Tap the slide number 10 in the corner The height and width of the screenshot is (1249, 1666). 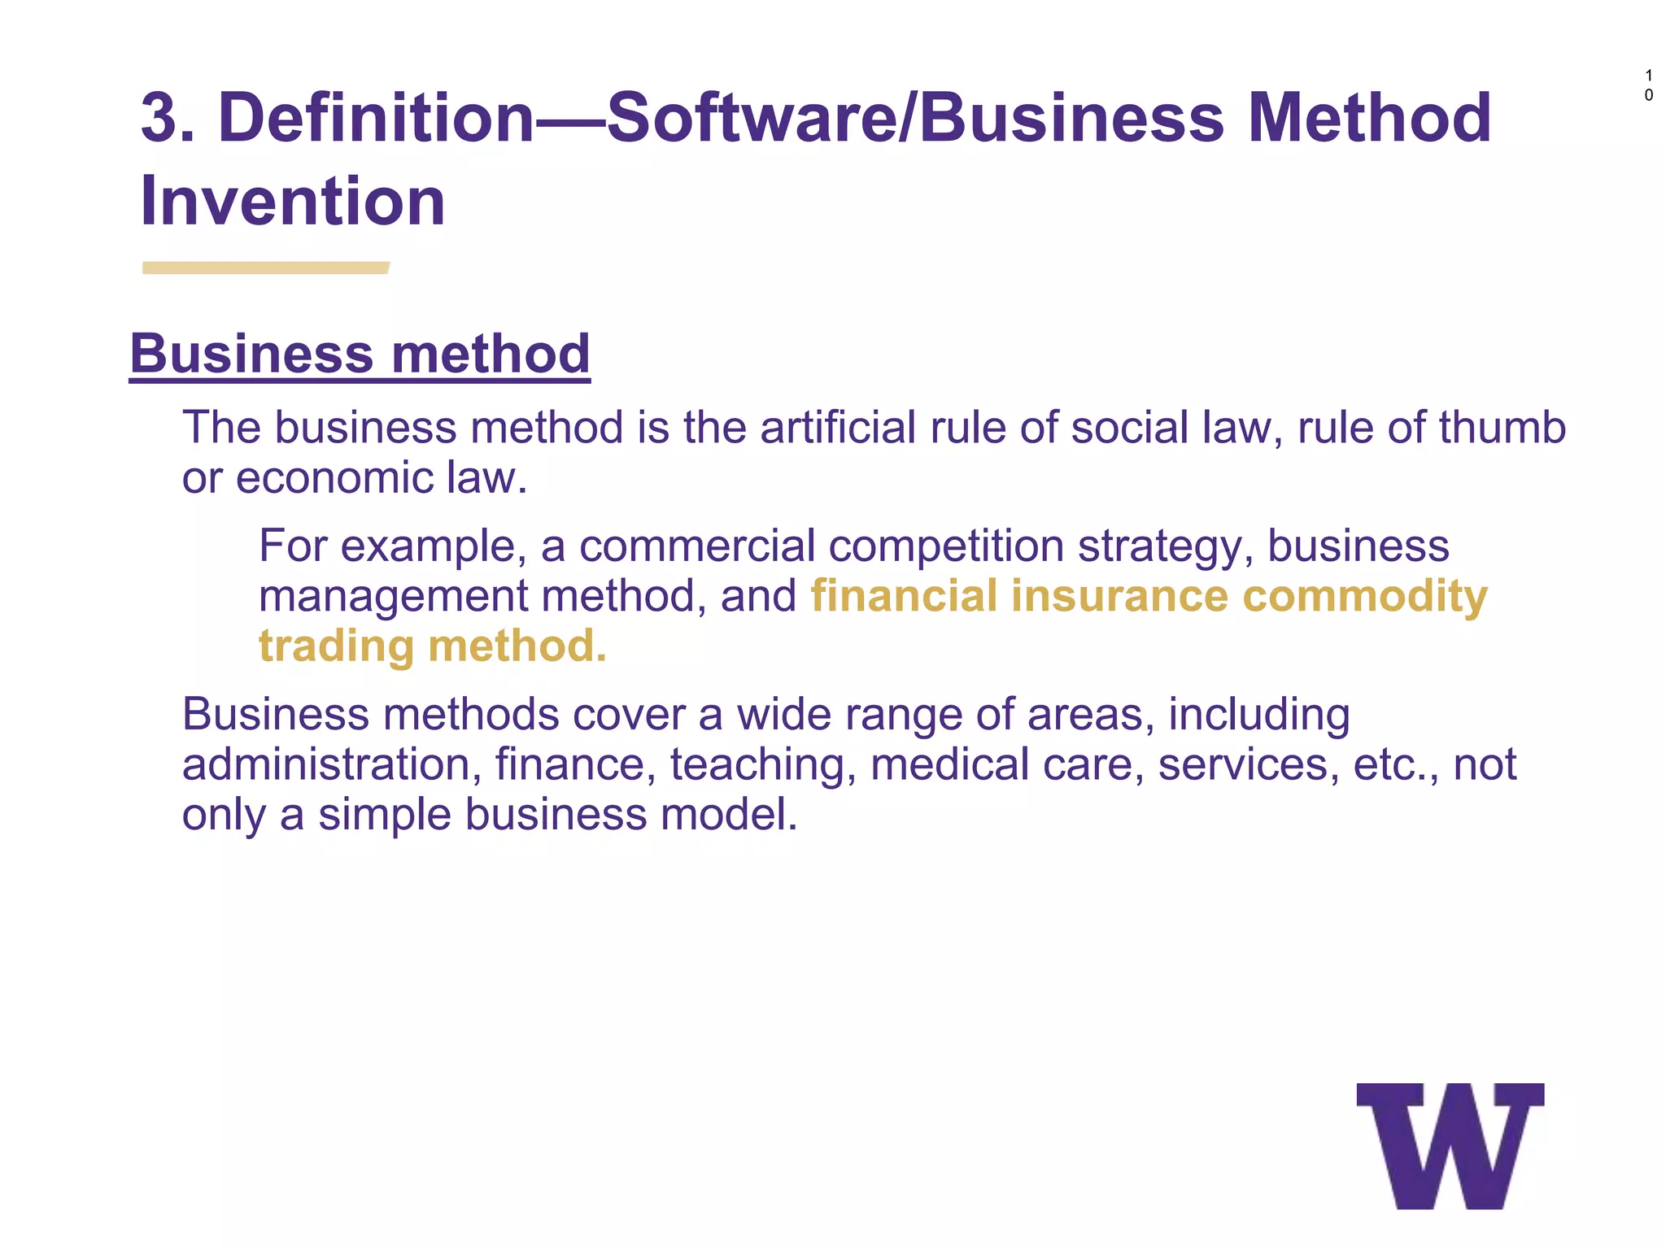[1648, 85]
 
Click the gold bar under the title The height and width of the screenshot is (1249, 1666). [265, 268]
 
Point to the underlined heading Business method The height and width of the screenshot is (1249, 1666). [360, 355]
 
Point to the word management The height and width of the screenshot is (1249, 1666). [393, 596]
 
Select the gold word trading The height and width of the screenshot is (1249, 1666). [337, 646]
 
